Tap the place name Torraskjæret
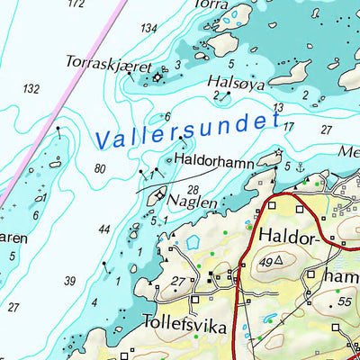(x=107, y=62)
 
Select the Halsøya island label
(x=236, y=81)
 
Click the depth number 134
(x=148, y=29)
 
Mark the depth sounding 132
(x=31, y=88)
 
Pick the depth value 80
(x=99, y=168)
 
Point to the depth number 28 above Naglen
(x=193, y=189)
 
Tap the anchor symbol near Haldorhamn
(x=301, y=166)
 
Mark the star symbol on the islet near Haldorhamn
(x=279, y=151)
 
